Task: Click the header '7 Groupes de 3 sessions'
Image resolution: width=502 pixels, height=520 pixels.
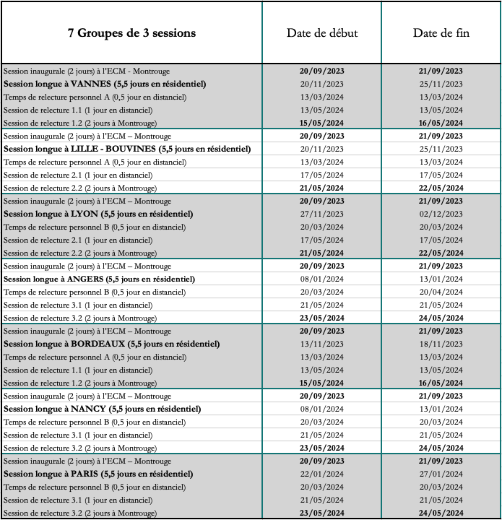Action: tap(131, 33)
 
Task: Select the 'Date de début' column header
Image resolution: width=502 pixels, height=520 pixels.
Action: tap(321, 33)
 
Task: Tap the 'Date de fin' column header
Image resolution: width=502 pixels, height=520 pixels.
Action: tap(441, 33)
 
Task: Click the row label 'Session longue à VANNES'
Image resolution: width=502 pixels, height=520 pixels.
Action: tap(104, 84)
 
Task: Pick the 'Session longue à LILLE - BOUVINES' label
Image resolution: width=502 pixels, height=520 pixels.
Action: tap(127, 149)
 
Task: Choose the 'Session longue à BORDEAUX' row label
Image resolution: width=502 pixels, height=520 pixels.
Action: tap(112, 344)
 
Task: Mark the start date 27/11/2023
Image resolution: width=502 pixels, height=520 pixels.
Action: tap(321, 214)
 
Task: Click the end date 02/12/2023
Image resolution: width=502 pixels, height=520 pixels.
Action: tap(441, 214)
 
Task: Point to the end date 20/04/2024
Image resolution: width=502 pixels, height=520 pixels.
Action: tap(441, 292)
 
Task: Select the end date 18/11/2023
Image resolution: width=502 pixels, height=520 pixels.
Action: tap(441, 344)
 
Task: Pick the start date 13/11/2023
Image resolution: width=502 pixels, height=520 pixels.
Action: tap(321, 344)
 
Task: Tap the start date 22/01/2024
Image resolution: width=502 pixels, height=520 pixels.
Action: tap(321, 474)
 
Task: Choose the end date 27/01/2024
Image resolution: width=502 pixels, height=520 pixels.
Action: tap(441, 474)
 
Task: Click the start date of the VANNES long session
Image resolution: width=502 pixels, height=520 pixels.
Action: tap(321, 84)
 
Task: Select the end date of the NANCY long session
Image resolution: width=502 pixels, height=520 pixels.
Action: tap(441, 409)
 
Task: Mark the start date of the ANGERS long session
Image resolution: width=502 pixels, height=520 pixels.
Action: tap(321, 279)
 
